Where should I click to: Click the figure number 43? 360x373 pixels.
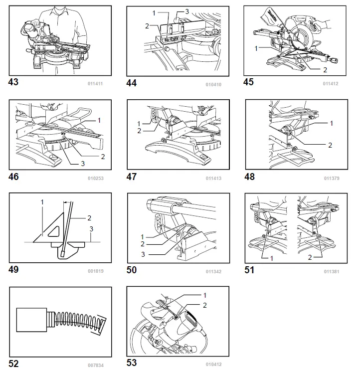point(14,82)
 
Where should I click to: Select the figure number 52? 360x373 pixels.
point(14,364)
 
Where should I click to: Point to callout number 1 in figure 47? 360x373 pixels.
point(138,123)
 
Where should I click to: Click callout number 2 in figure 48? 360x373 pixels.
point(330,145)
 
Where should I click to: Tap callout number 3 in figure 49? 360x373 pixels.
point(91,228)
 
